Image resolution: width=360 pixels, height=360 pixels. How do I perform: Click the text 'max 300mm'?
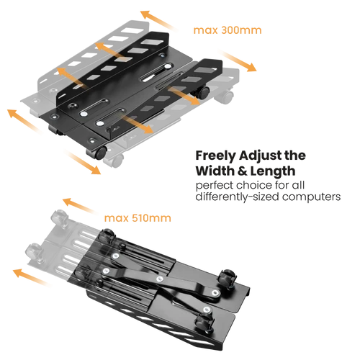(x=228, y=30)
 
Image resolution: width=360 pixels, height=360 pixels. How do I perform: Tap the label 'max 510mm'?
(x=138, y=218)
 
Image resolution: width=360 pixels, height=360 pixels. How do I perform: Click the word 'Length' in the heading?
(x=273, y=171)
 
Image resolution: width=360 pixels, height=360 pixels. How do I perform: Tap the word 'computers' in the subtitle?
(x=312, y=197)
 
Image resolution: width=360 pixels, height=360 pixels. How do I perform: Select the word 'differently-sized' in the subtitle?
(x=238, y=197)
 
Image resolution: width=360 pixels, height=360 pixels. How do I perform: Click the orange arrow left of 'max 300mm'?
(x=158, y=20)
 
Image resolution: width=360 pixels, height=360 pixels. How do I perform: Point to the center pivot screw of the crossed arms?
(x=160, y=279)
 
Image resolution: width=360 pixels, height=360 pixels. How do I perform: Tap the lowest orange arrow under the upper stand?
(x=82, y=162)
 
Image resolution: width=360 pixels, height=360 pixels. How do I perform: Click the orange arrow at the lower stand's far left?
(x=32, y=277)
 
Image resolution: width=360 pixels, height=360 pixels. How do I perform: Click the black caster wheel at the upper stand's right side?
(x=204, y=92)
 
